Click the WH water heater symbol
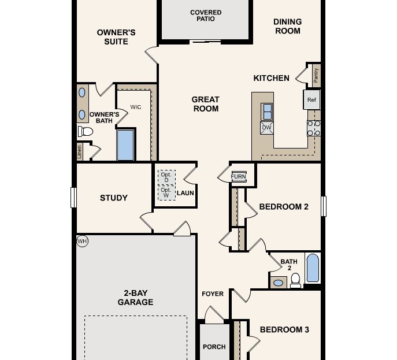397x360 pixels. point(83,240)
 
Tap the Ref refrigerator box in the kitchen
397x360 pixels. point(312,99)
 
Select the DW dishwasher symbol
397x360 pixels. point(267,128)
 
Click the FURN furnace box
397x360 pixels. point(239,176)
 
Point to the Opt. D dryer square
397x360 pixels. point(166,177)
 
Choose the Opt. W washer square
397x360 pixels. point(166,192)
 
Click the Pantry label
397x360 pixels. point(316,75)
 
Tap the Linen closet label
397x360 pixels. point(80,152)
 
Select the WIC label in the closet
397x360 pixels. point(136,107)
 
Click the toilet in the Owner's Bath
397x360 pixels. point(86,132)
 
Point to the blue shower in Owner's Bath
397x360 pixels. point(125,145)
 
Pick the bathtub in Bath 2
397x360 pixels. point(312,268)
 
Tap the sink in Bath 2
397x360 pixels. point(279,283)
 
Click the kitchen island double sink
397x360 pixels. point(268,110)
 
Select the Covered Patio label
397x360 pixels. point(206,16)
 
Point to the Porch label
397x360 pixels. point(214,347)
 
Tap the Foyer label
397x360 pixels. point(212,294)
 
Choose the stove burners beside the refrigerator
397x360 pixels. point(314,128)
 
